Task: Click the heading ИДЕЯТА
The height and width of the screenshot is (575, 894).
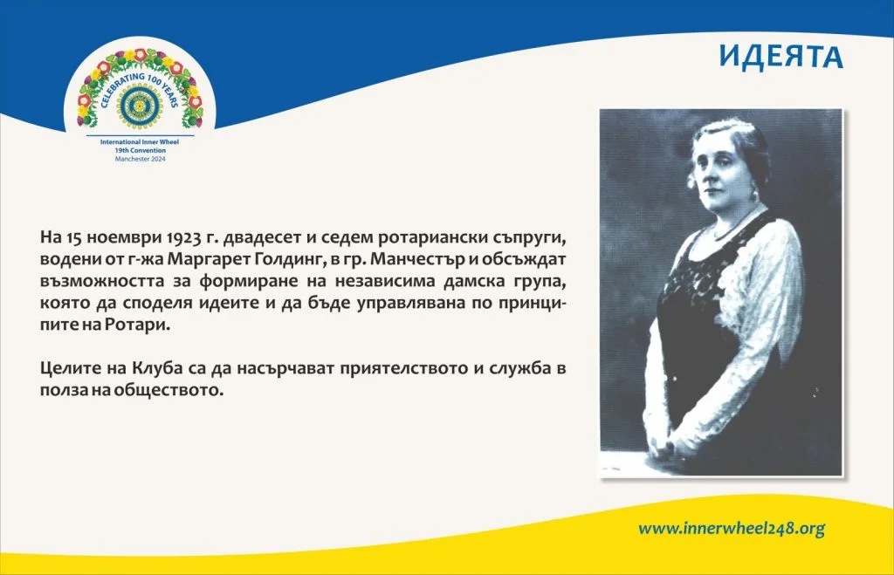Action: [x=781, y=57]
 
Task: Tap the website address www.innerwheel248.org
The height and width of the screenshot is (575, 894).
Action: [x=732, y=528]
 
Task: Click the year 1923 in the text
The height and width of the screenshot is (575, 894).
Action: [x=183, y=236]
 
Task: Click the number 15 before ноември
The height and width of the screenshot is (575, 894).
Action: [x=74, y=236]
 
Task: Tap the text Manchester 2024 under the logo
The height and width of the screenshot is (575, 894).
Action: [x=141, y=159]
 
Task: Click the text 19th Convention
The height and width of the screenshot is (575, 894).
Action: [x=141, y=150]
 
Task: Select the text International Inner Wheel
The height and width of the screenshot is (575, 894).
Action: [x=140, y=142]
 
